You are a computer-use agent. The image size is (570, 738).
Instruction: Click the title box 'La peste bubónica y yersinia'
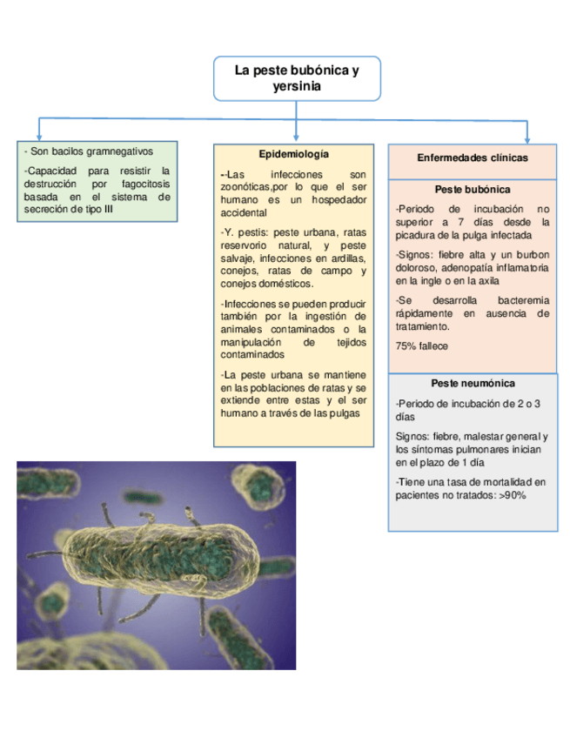click(x=296, y=78)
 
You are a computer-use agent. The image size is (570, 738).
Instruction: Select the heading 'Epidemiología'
click(x=293, y=154)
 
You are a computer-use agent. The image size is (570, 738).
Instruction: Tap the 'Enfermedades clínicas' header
click(x=473, y=158)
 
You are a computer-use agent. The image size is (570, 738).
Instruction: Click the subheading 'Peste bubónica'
click(x=472, y=189)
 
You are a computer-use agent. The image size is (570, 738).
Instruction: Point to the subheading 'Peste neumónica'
click(x=473, y=383)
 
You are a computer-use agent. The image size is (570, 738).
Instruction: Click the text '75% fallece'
click(x=422, y=346)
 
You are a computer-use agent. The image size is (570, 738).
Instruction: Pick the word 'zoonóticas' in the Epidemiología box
click(x=246, y=187)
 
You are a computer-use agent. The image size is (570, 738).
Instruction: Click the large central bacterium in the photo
click(x=161, y=566)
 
